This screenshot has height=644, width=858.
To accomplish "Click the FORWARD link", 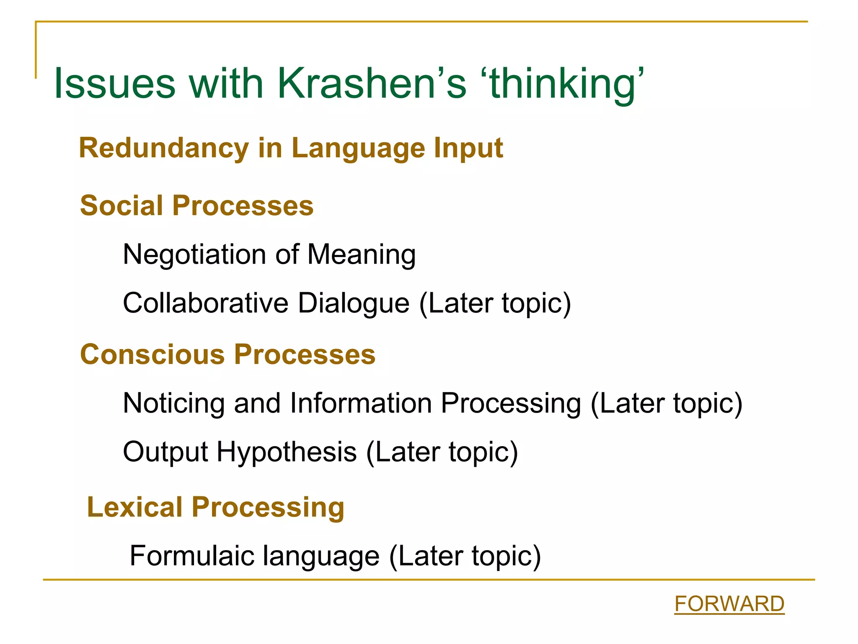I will (x=729, y=604).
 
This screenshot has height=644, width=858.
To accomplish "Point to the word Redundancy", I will (x=164, y=148).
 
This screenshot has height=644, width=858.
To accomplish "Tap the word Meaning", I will (x=361, y=254).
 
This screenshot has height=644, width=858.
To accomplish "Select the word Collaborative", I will (x=206, y=303).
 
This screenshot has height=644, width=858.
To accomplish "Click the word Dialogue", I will (x=353, y=303).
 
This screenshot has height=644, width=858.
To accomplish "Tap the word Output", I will (x=165, y=452).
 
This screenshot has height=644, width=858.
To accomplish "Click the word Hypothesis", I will (x=287, y=452).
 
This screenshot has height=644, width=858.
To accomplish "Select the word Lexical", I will (x=134, y=507).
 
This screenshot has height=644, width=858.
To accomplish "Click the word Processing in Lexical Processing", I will (x=268, y=507).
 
